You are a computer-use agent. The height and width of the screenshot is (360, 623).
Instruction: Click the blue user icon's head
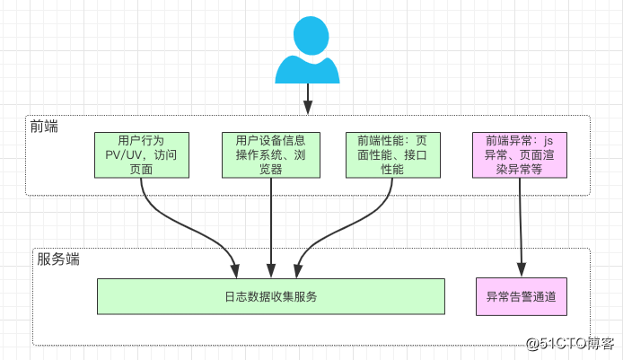pos(308,38)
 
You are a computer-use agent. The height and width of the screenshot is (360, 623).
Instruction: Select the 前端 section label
pos(43,127)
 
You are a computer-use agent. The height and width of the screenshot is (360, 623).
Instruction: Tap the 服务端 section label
pos(58,259)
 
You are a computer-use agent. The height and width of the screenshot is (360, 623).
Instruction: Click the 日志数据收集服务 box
pos(271,296)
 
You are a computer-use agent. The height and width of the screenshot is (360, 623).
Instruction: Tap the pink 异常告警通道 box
pos(520,296)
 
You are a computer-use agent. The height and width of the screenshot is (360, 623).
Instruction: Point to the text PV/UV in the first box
pos(124,154)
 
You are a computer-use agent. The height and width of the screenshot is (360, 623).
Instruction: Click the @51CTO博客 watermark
pos(571,343)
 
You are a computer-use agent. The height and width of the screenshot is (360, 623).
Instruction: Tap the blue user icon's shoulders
pos(308,70)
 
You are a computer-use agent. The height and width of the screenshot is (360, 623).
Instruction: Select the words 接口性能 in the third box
pos(392,161)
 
